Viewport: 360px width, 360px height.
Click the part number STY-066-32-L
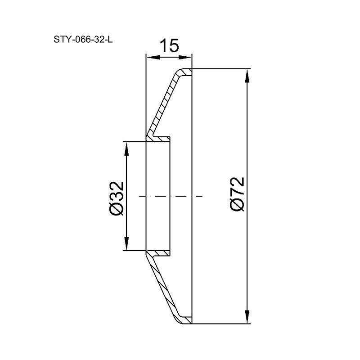83,40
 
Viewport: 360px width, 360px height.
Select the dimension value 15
169,45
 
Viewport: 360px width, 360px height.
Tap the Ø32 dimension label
117,198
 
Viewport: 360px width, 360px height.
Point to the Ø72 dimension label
237,193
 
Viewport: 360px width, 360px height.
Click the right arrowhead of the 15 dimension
185,58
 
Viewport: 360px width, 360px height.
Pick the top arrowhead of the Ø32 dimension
126,149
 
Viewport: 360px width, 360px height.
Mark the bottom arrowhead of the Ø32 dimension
126,243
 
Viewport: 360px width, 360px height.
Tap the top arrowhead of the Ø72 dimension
247,76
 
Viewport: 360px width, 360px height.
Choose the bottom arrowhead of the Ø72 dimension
247,317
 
